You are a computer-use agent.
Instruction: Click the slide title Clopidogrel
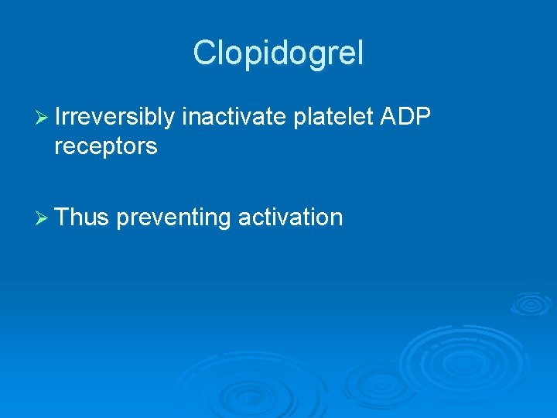pos(278,53)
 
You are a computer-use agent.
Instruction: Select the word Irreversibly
pos(115,116)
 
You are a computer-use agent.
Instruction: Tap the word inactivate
pos(236,116)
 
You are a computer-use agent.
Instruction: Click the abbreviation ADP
pos(407,116)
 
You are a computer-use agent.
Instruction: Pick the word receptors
pos(106,146)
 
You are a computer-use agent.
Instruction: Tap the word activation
pos(290,218)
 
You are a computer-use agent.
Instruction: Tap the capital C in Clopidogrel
pos(203,53)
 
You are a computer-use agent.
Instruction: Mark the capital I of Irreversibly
pos(59,116)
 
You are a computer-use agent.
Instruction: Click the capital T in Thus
pos(63,218)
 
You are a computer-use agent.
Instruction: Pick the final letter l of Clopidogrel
pos(359,53)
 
